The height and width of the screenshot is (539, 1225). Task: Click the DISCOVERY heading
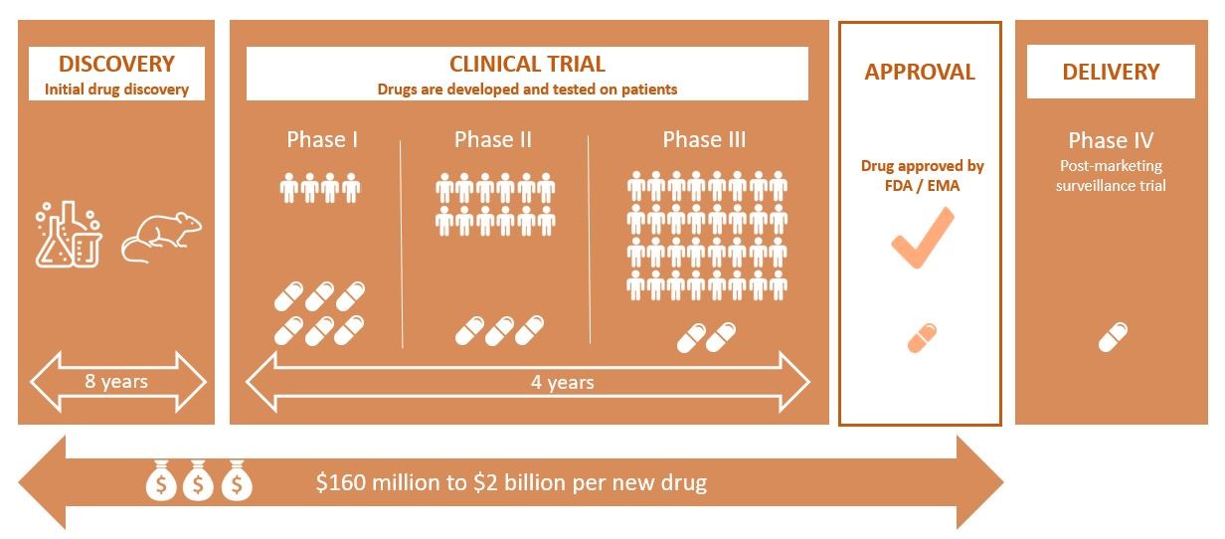point(116,65)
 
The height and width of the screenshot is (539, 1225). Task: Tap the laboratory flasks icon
point(68,234)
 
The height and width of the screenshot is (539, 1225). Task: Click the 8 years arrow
point(117,382)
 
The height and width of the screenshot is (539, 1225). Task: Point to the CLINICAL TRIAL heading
point(527,65)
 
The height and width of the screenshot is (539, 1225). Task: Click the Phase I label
point(322,139)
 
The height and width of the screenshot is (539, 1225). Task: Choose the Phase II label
point(493,139)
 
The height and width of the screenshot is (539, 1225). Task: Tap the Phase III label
point(704,139)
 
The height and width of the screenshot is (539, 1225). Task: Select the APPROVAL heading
point(920,72)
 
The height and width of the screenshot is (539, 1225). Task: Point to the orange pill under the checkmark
point(922,338)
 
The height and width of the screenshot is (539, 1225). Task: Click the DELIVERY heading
point(1111,72)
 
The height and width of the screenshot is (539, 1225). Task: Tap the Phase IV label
point(1111,141)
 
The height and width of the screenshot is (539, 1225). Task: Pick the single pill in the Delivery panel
point(1113,337)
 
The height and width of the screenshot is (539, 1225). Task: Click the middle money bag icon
point(199,482)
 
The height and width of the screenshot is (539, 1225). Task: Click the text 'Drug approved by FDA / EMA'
point(922,175)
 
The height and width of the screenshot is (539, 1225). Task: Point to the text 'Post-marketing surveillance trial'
point(1111,175)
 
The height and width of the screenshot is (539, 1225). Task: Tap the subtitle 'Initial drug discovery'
point(116,90)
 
